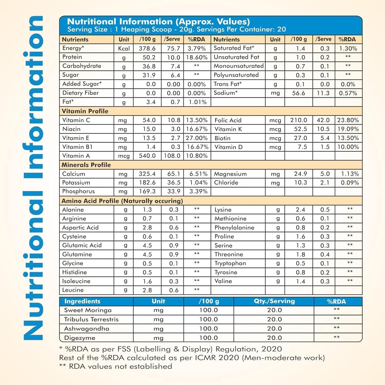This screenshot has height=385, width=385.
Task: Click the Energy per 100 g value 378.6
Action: coord(147,48)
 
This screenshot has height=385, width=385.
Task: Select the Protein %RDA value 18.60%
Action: coord(197,57)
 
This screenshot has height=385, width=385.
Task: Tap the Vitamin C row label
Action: coord(76,120)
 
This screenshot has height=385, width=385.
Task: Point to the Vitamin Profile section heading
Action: coord(85,111)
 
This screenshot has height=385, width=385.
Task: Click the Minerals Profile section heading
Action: coord(86,165)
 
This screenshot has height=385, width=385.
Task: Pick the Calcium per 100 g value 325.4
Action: coord(147,174)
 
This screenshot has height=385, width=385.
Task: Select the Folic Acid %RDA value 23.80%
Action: coord(348,120)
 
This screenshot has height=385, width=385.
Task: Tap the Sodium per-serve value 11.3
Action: coord(323,93)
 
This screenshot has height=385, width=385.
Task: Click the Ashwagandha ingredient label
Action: coord(87,329)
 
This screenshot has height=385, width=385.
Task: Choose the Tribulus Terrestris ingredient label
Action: coord(91,319)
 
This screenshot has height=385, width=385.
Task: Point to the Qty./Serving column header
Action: coord(274,301)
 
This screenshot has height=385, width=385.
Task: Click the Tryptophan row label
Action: coord(230,263)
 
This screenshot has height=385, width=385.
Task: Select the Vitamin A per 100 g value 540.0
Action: coord(147,156)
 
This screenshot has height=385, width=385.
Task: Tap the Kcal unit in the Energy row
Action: coord(124,48)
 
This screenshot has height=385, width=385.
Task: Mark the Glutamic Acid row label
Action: coord(82,245)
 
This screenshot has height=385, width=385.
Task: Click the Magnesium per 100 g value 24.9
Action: coord(300,174)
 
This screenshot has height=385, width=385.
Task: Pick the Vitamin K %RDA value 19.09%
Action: coord(348,129)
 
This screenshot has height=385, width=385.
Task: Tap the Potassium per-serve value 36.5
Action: coord(174,183)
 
